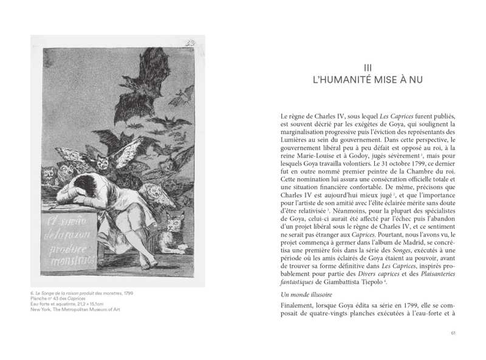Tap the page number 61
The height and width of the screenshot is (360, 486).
coord(453,333)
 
